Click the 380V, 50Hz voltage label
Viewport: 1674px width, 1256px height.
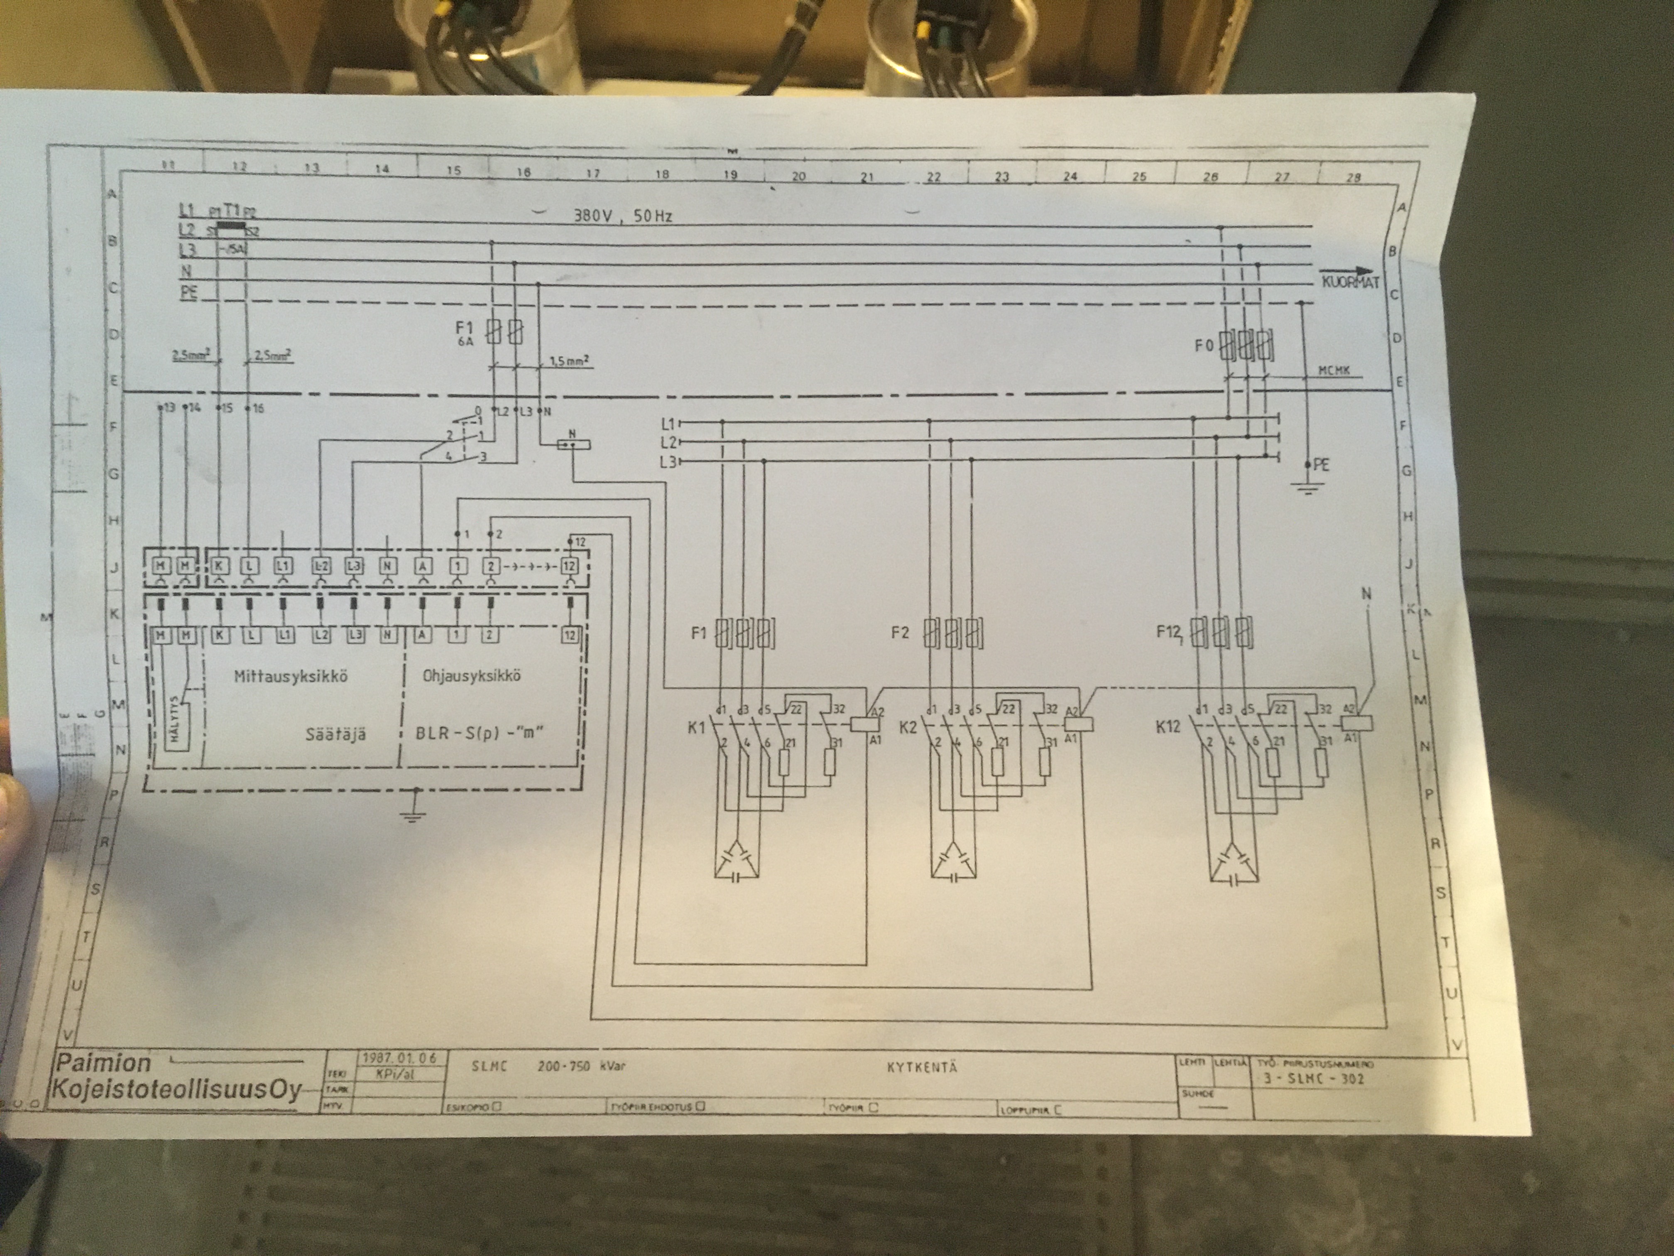click(622, 216)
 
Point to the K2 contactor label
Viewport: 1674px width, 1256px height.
click(908, 729)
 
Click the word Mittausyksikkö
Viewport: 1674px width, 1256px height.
click(291, 676)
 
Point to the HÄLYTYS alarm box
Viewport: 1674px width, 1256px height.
click(176, 716)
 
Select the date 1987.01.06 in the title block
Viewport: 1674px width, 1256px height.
click(399, 1057)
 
